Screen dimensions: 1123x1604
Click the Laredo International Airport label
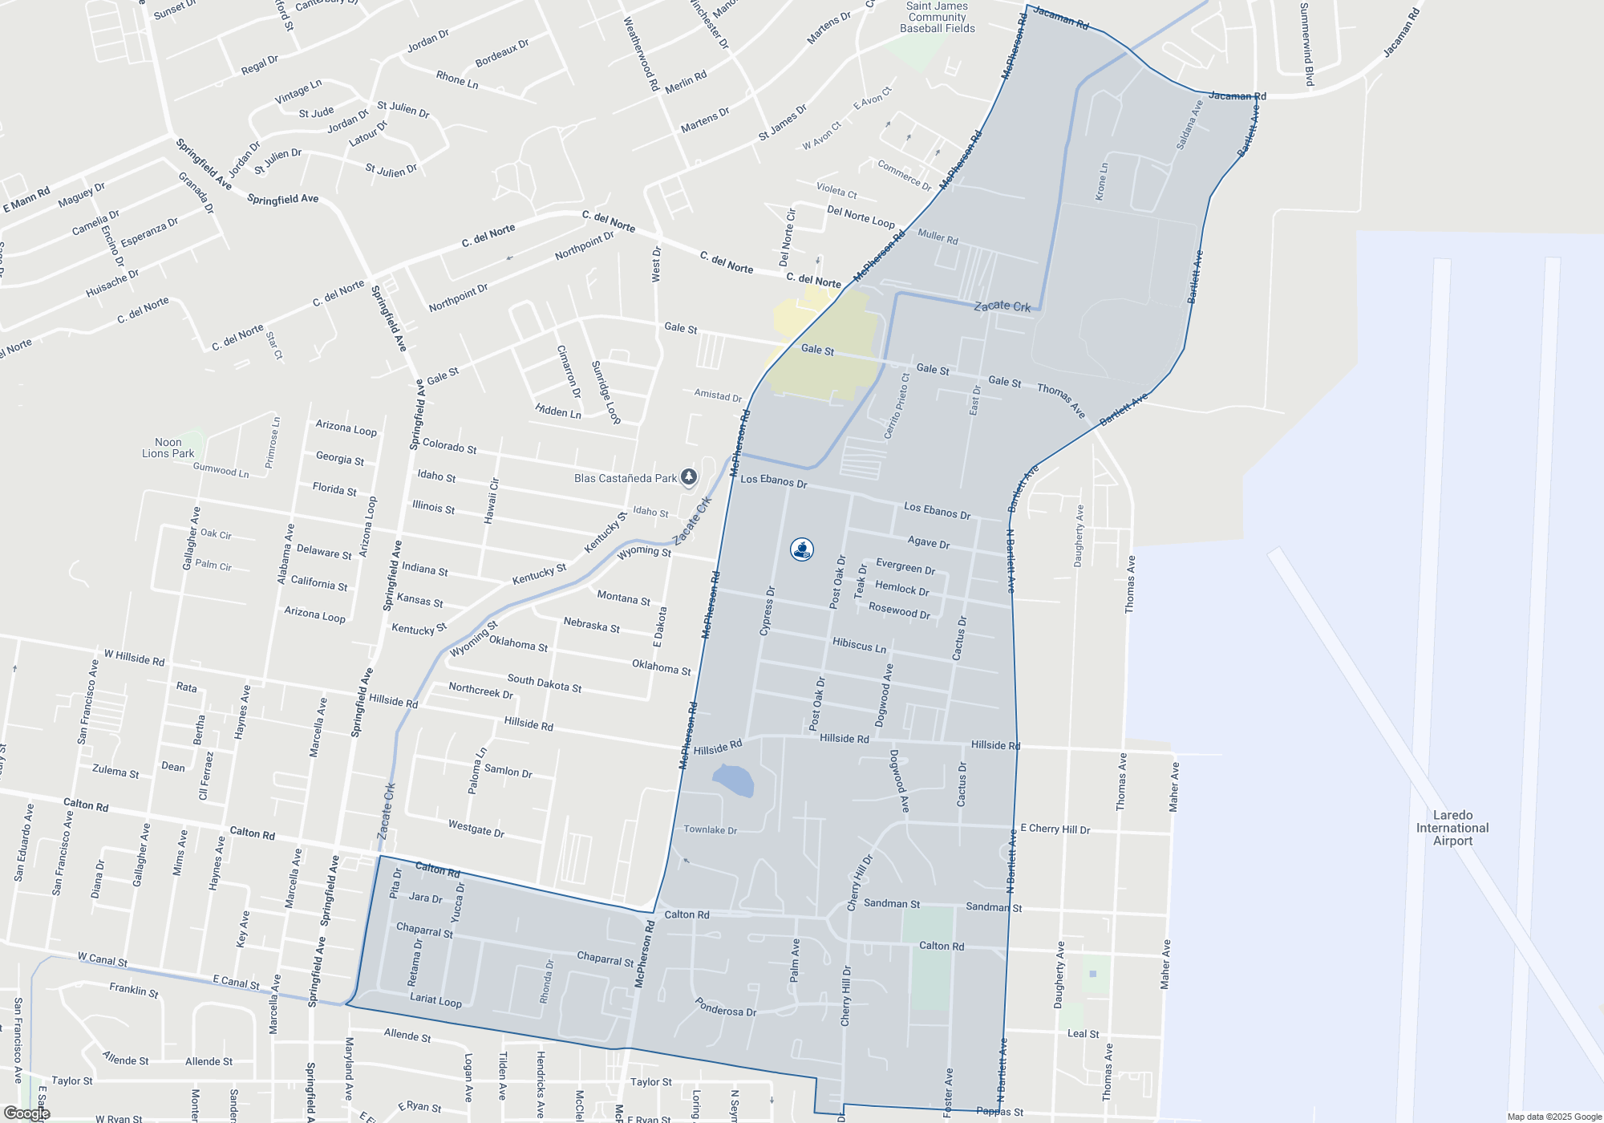pyautogui.click(x=1452, y=828)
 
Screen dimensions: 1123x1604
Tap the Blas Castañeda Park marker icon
pyautogui.click(x=689, y=478)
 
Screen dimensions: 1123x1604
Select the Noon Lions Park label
pyautogui.click(x=168, y=448)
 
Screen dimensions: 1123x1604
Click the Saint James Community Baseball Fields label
pyautogui.click(x=938, y=18)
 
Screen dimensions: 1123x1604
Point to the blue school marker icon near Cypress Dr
pyautogui.click(x=802, y=549)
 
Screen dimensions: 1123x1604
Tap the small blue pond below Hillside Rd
pyautogui.click(x=733, y=780)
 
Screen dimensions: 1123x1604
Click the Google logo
pyautogui.click(x=26, y=1113)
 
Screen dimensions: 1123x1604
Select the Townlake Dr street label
pyautogui.click(x=710, y=830)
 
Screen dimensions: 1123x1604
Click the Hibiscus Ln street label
pyautogui.click(x=859, y=645)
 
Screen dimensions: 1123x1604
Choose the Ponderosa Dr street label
pyautogui.click(x=725, y=1007)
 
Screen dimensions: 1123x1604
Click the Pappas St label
pyautogui.click(x=1000, y=1112)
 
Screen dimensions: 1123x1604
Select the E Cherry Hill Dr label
pyautogui.click(x=1055, y=829)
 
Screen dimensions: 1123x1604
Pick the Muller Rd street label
pyautogui.click(x=938, y=237)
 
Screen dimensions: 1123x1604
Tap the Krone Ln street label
pyautogui.click(x=1102, y=181)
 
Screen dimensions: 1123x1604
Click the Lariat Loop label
pyautogui.click(x=435, y=1000)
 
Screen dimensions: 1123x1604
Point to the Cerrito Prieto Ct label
pyautogui.click(x=897, y=406)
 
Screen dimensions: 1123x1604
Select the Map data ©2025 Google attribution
pyautogui.click(x=1554, y=1117)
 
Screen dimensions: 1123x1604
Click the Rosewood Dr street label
pyautogui.click(x=899, y=610)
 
